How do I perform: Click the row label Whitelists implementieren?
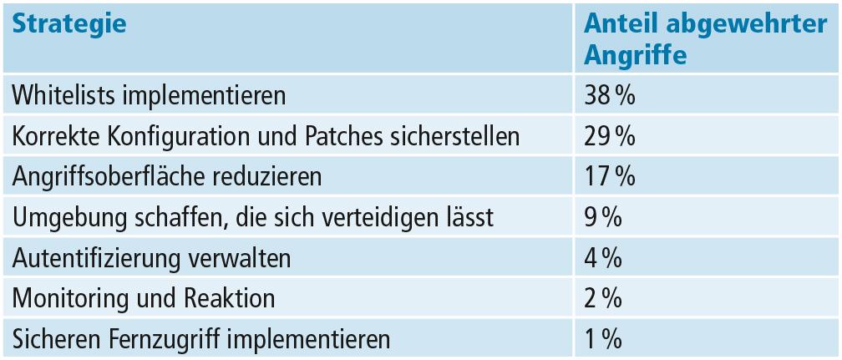(149, 95)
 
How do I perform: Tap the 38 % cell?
(610, 95)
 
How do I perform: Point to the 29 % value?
(610, 136)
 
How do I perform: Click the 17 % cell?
(610, 177)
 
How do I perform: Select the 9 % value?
(603, 218)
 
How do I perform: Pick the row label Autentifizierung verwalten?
(151, 258)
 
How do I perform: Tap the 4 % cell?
(603, 258)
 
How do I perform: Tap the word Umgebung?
(64, 218)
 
